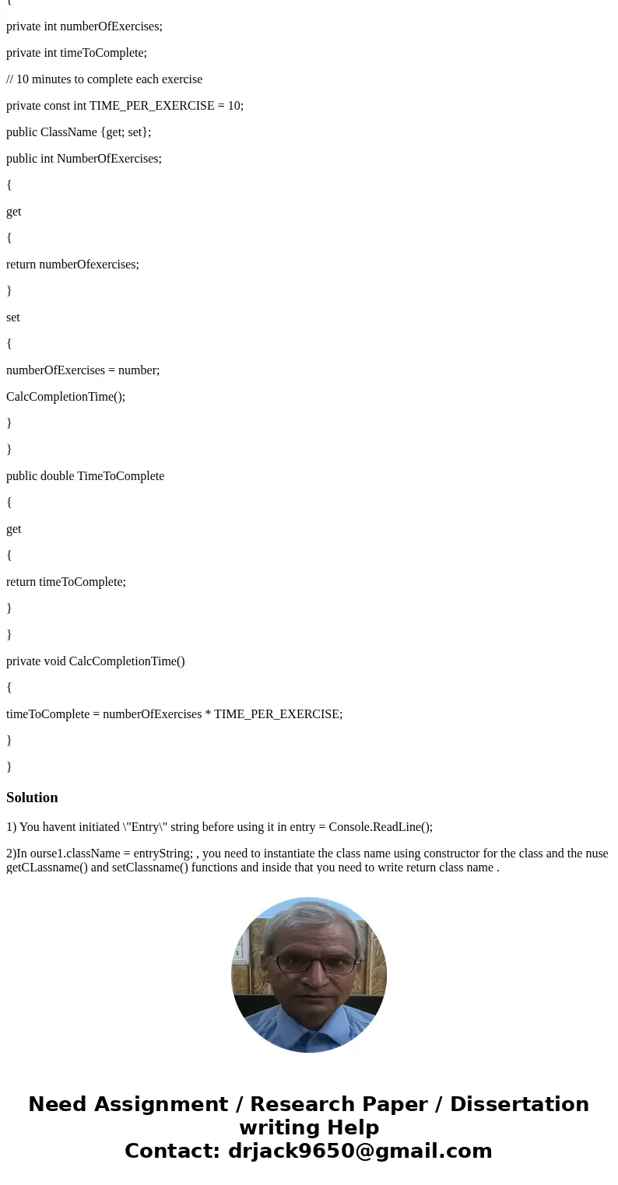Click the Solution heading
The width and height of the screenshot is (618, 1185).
[32, 798]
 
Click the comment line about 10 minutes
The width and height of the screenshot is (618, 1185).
[104, 79]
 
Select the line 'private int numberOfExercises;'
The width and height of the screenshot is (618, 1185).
[84, 26]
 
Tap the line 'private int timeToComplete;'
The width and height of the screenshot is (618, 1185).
[76, 53]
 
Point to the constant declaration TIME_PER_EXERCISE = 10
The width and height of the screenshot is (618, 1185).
[125, 106]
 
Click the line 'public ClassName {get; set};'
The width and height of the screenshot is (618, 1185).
[79, 132]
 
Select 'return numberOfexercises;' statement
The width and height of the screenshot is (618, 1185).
[72, 265]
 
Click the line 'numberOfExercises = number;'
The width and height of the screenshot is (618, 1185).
[83, 370]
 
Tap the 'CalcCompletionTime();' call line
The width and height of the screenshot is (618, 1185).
[65, 397]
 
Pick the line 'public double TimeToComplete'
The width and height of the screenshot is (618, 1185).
[85, 476]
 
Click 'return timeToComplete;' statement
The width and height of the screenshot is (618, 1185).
[66, 582]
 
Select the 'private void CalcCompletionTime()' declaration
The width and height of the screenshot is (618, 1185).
[96, 661]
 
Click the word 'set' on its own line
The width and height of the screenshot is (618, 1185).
[13, 317]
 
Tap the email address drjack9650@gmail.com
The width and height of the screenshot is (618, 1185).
[360, 1151]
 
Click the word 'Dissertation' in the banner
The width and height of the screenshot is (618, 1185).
[519, 1105]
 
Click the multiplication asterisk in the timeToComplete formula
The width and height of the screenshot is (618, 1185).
[208, 714]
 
